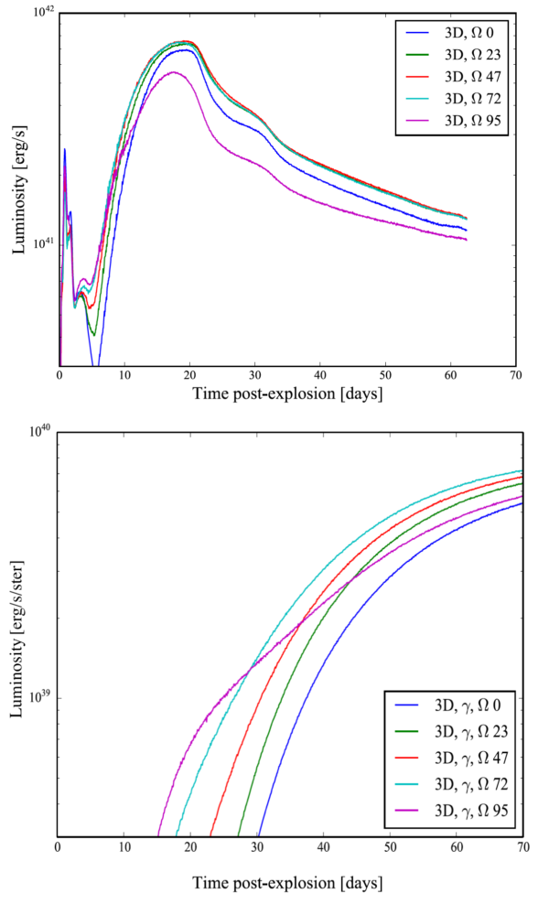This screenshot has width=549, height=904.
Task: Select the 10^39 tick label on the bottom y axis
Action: click(x=41, y=697)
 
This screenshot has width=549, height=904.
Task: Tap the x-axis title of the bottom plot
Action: click(x=287, y=884)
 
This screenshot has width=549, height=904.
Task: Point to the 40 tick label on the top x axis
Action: click(x=320, y=375)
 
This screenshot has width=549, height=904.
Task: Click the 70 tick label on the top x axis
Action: click(x=516, y=375)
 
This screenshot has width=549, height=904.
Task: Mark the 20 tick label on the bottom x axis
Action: click(x=190, y=848)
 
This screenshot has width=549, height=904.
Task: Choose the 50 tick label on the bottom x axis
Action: click(x=390, y=848)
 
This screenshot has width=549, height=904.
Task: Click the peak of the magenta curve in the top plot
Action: click(x=172, y=72)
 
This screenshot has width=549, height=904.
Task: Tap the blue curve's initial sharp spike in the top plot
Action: click(x=65, y=149)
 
